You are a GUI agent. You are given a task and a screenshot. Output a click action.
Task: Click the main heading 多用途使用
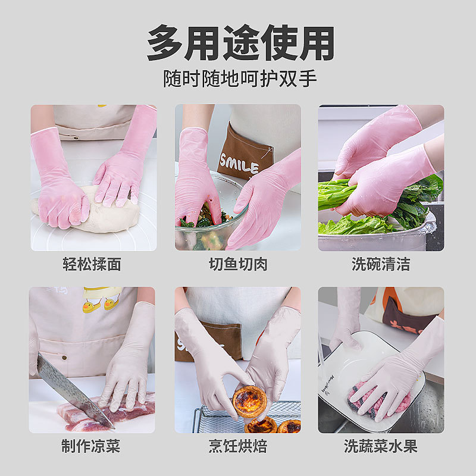[238, 43]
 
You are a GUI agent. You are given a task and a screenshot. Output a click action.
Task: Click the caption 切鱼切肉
[237, 264]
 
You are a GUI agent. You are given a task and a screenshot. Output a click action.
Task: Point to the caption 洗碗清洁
[381, 264]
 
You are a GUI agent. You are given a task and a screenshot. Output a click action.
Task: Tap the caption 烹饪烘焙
[237, 446]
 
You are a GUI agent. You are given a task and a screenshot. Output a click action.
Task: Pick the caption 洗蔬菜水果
[381, 446]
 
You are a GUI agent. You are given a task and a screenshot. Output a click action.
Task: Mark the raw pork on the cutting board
[128, 414]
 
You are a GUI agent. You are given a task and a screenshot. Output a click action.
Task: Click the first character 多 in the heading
[165, 43]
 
